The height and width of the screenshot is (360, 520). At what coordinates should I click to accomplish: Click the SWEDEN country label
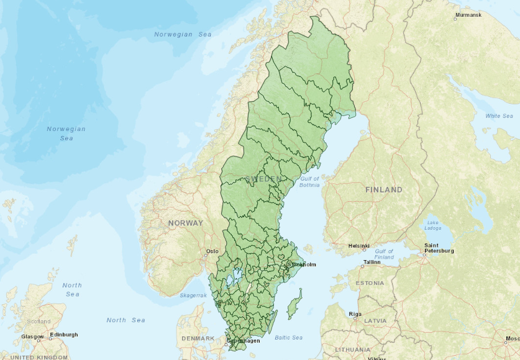point(263,179)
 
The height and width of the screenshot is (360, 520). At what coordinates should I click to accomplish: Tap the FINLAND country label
point(383,189)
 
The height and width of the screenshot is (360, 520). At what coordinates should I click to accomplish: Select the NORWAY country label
point(185,223)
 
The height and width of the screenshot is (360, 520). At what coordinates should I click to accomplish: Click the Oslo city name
point(212,251)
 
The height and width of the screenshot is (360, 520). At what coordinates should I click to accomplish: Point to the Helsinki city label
point(360,245)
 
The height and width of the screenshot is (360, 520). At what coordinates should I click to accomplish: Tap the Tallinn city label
point(372,262)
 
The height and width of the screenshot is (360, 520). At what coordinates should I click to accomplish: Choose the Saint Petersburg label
point(439,248)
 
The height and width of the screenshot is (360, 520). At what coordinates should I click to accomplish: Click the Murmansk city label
point(468,14)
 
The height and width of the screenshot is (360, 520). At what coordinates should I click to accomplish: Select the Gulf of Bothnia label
point(309,182)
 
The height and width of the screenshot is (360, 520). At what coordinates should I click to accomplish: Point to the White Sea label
point(499,116)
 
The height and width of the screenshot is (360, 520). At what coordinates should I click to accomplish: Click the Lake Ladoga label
point(433,225)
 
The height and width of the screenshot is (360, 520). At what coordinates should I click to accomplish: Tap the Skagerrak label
point(193,295)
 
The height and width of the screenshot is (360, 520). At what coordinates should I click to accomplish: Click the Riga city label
point(355,313)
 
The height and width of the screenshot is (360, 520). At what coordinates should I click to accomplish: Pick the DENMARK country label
point(198,338)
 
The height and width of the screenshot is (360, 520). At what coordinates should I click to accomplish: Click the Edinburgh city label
point(64,335)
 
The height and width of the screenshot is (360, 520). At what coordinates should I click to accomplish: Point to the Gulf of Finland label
point(384,254)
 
